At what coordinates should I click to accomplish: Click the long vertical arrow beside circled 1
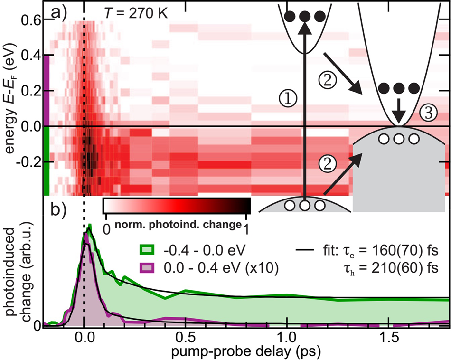[x=305, y=114]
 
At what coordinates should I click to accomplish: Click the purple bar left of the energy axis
[x=47, y=90]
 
